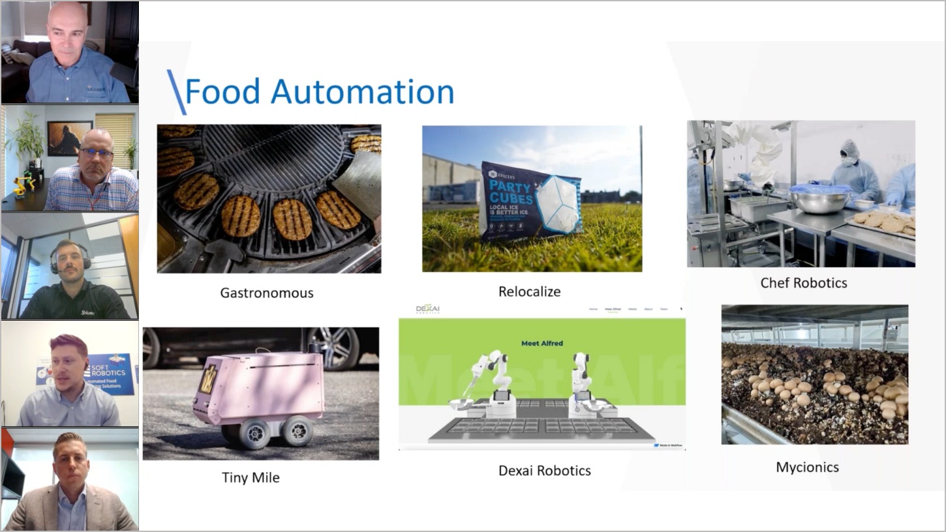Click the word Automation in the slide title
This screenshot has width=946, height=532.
point(362,92)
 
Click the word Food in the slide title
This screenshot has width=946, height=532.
point(222,92)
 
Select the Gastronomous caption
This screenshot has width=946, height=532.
point(266,293)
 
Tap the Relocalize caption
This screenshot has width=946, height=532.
point(529,291)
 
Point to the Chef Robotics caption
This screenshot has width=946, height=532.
point(803,283)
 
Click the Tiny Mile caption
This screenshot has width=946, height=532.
point(251,477)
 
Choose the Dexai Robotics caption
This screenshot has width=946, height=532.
point(544,470)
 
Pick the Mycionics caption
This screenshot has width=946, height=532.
point(807,467)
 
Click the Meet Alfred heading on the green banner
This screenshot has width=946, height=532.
point(542,343)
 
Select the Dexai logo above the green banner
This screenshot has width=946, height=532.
point(428,310)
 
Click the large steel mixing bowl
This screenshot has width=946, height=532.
point(820,200)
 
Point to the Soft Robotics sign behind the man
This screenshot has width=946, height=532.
point(108,373)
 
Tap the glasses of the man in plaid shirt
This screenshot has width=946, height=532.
point(96,153)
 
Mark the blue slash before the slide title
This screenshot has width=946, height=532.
point(176,92)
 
